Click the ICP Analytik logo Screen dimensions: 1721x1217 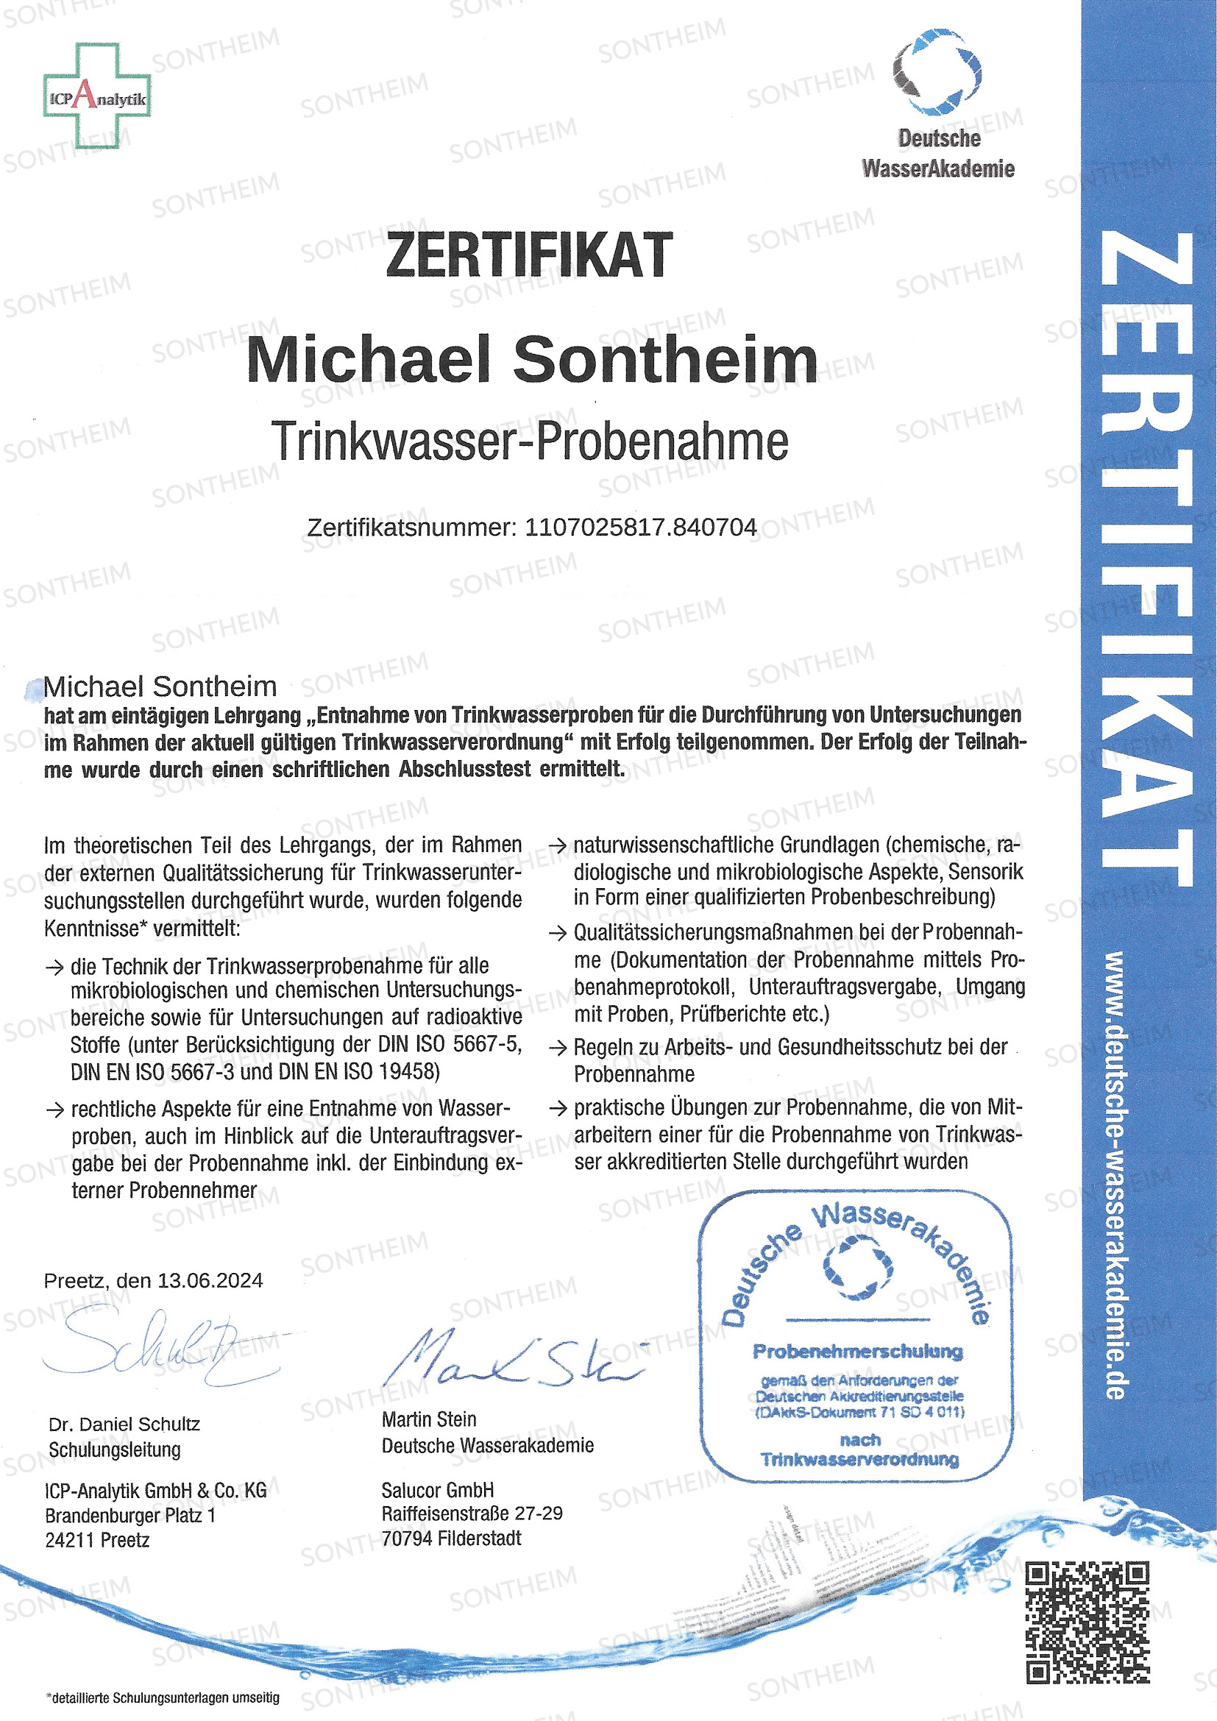tap(96, 96)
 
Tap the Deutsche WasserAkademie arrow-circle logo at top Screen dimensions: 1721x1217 tap(937, 73)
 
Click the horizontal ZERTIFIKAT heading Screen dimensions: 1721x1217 tap(529, 255)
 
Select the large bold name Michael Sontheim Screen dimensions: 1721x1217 tap(531, 361)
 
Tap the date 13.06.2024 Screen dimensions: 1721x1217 tap(210, 1280)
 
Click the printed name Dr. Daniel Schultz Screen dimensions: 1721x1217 tap(124, 1424)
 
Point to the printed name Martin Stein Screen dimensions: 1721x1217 tap(429, 1419)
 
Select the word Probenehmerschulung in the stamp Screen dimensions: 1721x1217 tap(857, 1352)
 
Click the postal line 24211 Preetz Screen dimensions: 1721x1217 tap(97, 1539)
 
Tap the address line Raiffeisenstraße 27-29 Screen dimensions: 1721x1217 tap(472, 1514)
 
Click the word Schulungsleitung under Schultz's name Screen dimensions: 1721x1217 tap(115, 1449)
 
